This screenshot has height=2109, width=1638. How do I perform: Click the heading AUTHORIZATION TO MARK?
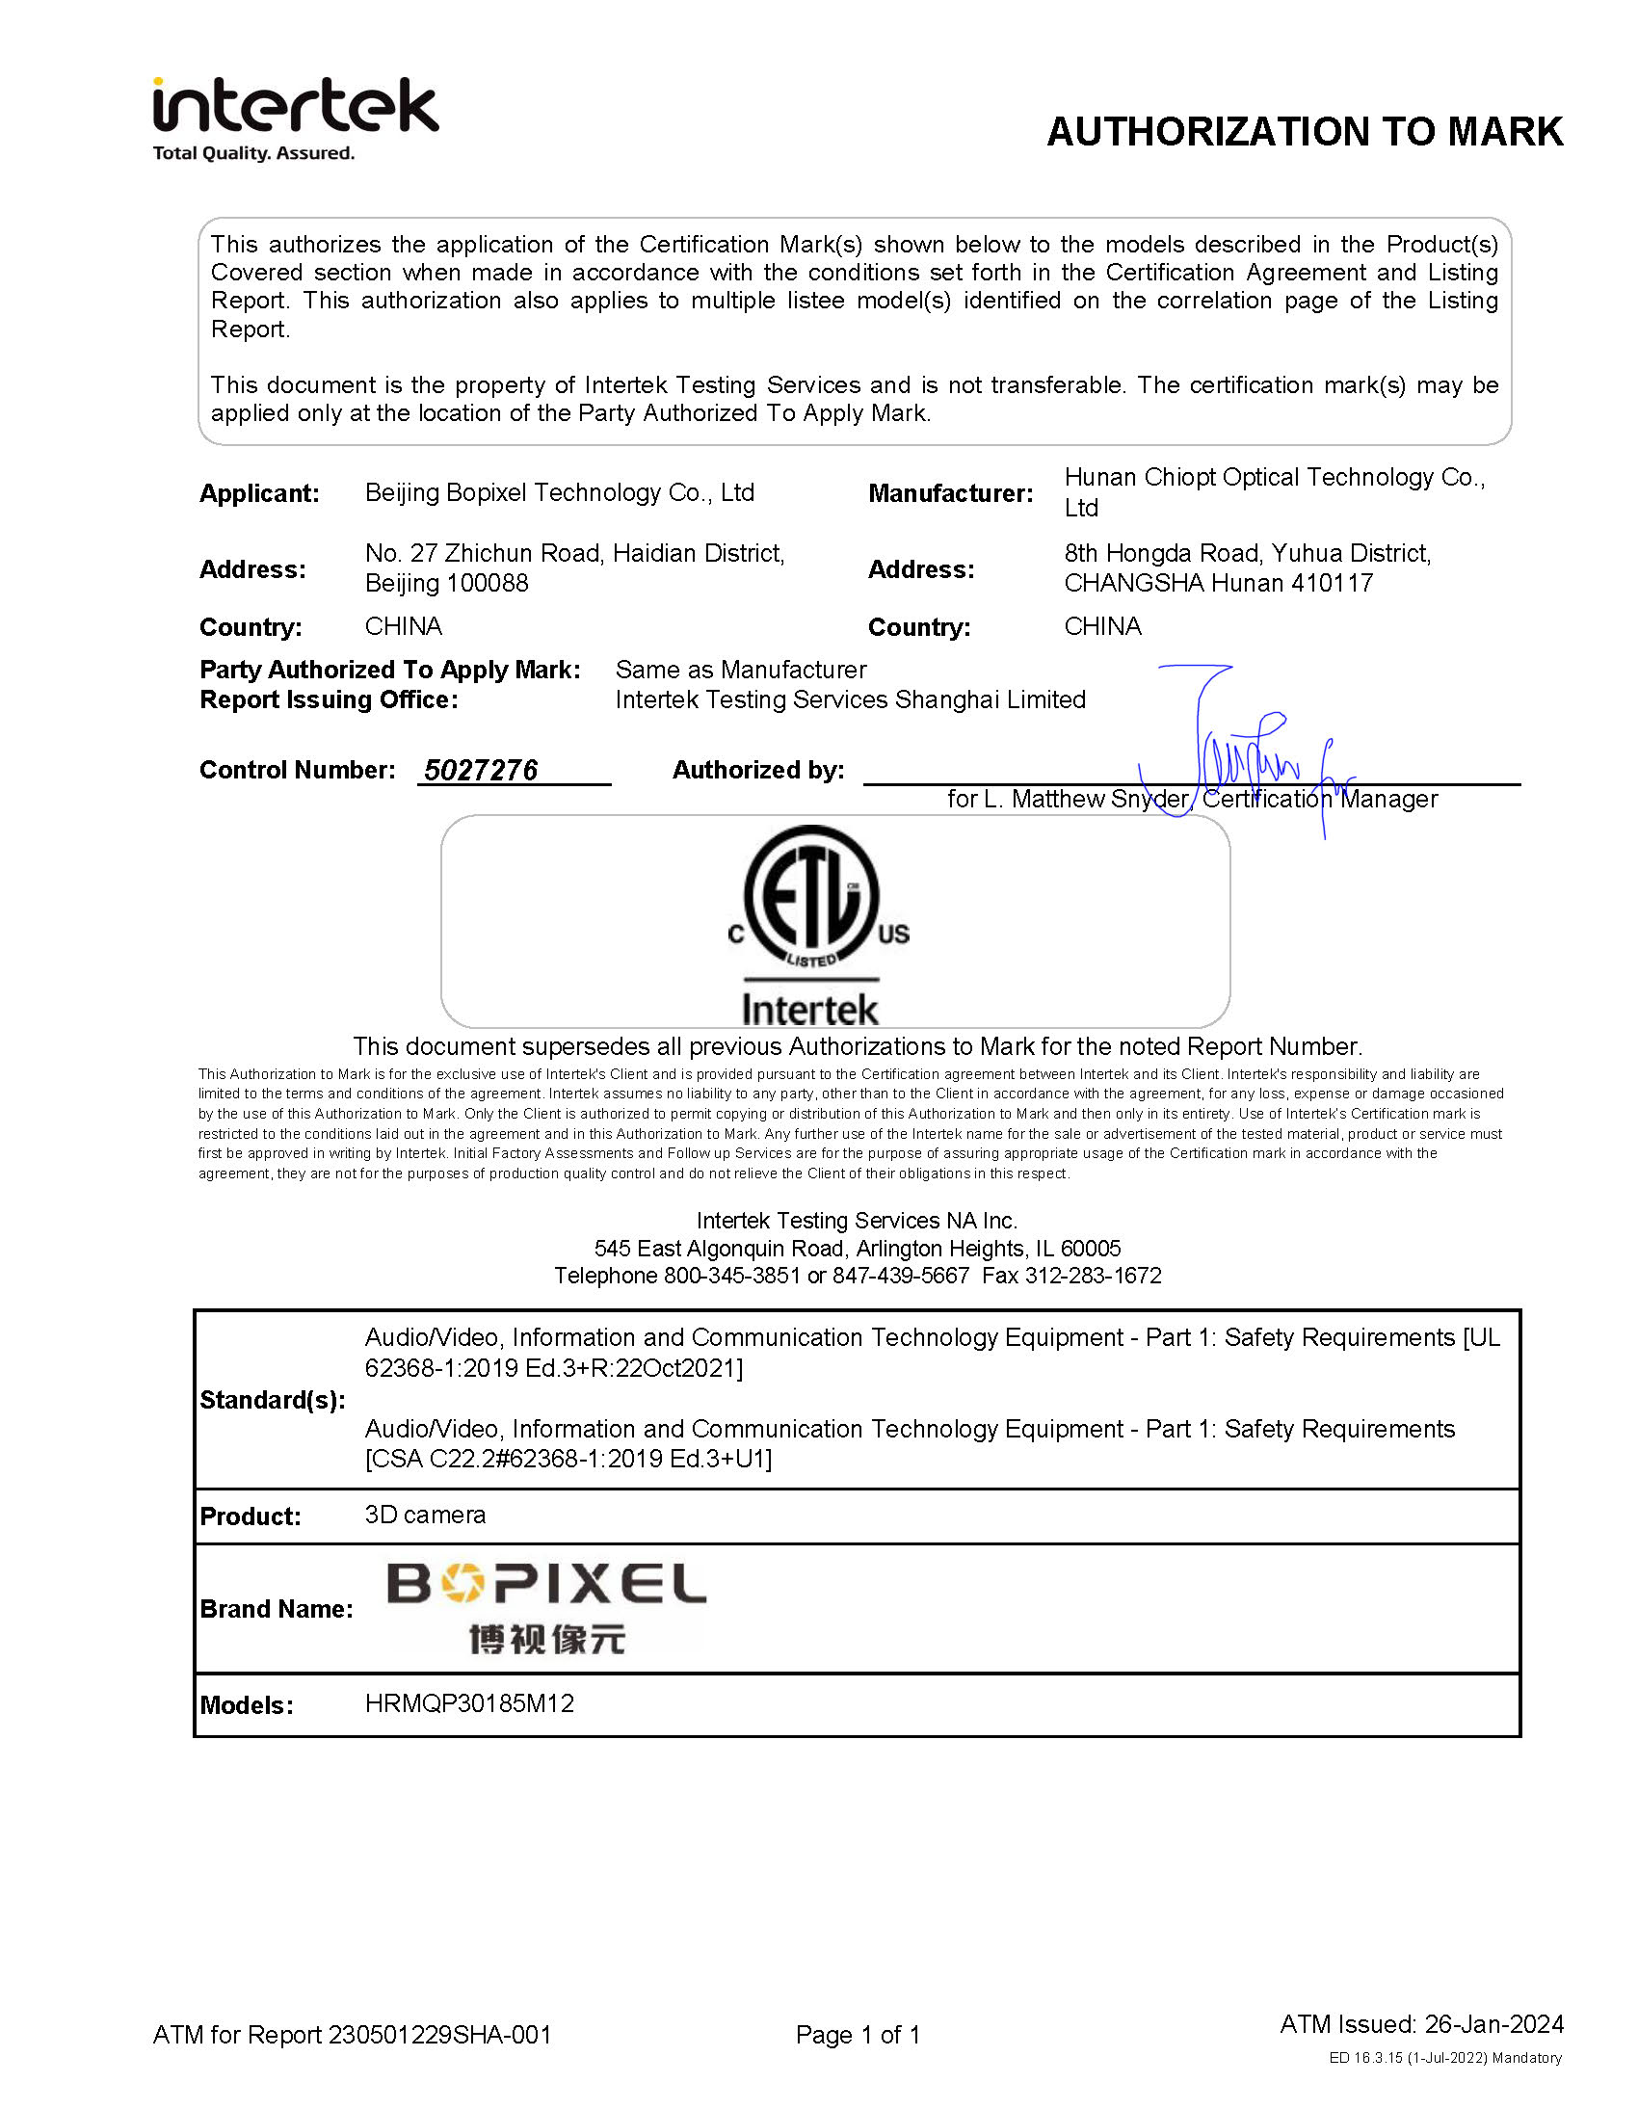pyautogui.click(x=1304, y=132)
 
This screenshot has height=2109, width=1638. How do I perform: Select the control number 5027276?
pyautogui.click(x=481, y=770)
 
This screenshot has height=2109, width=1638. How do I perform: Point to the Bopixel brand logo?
pyautogui.click(x=546, y=1608)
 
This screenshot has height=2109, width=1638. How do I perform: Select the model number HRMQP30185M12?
pyautogui.click(x=469, y=1703)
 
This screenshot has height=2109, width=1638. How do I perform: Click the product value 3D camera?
pyautogui.click(x=425, y=1515)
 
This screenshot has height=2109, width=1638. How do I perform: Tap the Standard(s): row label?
pyautogui.click(x=273, y=1400)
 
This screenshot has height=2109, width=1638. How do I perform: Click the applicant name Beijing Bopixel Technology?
pyautogui.click(x=559, y=492)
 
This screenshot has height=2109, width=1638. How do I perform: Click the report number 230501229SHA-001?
pyautogui.click(x=439, y=2035)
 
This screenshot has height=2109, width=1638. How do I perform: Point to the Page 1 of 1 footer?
pyautogui.click(x=858, y=2035)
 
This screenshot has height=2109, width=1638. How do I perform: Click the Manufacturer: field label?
pyautogui.click(x=950, y=493)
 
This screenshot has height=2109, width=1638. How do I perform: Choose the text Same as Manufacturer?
pyautogui.click(x=741, y=670)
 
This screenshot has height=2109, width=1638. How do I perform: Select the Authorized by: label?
pyautogui.click(x=758, y=770)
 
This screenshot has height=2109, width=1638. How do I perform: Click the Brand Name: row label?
pyautogui.click(x=277, y=1609)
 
